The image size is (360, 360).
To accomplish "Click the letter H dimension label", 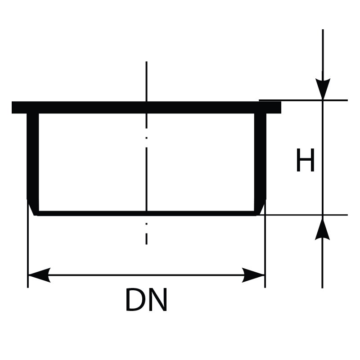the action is coord(305,160).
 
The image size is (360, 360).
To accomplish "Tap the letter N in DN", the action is coord(158,300).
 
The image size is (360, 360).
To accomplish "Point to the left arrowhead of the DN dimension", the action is coord(39,275).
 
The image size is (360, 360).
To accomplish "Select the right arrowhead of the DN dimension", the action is coord(253,275).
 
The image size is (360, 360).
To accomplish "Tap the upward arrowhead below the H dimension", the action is coord(322,229).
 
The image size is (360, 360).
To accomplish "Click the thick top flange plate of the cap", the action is coord(147,107).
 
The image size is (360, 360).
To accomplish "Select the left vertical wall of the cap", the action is coord(33,156).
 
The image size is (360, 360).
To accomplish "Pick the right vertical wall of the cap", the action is coord(260,156).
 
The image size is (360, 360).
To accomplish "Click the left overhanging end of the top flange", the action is coord(19,107).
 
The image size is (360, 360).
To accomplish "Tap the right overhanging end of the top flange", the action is coord(274,107).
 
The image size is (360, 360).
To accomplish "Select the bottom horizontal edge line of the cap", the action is coord(147,213).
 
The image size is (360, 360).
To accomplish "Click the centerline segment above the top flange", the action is coord(147,81).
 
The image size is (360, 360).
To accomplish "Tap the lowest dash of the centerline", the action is coord(147,239).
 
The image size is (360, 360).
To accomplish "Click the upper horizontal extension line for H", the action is coord(303,100).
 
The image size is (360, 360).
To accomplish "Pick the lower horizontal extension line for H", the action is coord(303,215).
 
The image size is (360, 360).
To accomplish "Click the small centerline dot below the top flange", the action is coord(147,138).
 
